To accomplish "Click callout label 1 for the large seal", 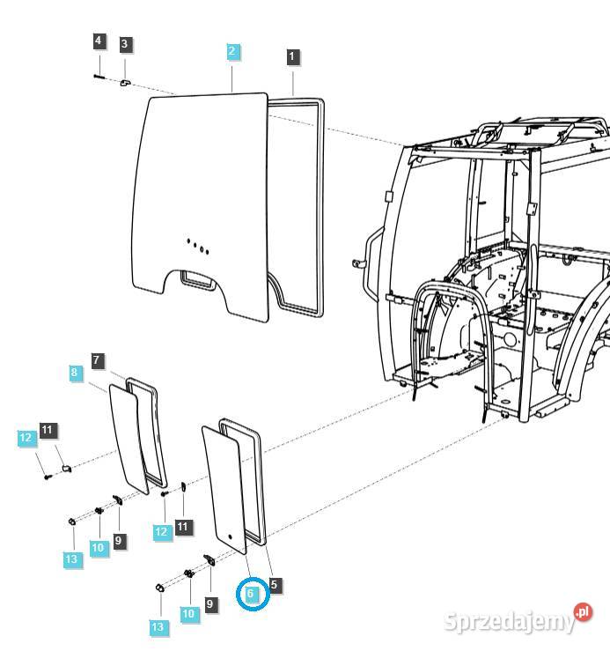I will pyautogui.click(x=293, y=56).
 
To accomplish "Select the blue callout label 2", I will pyautogui.click(x=232, y=51).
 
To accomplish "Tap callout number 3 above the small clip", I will pyautogui.click(x=125, y=43).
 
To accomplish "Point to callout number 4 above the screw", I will pyautogui.click(x=99, y=41).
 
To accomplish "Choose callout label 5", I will pyautogui.click(x=276, y=583).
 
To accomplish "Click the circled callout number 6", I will pyautogui.click(x=251, y=595).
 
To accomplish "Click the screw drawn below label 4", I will pyautogui.click(x=99, y=78).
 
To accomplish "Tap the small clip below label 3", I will pyautogui.click(x=125, y=82).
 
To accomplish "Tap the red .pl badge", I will pyautogui.click(x=583, y=611).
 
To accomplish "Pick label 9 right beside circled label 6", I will pyautogui.click(x=209, y=604).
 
